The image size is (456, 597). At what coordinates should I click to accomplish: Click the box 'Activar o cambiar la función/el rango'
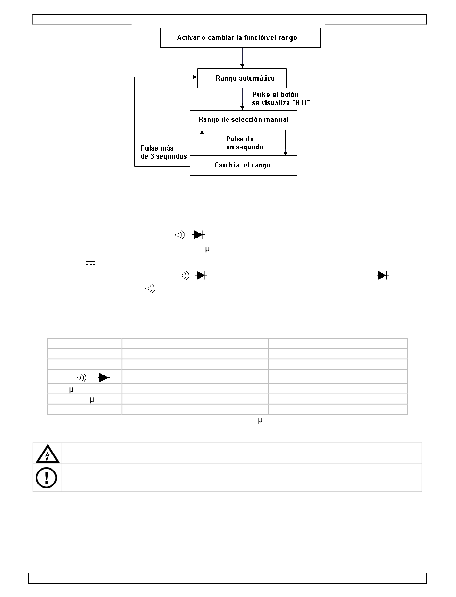(x=240, y=37)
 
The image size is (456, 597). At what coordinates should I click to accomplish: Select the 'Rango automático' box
(x=242, y=78)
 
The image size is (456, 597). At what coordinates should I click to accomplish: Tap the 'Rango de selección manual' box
(x=243, y=120)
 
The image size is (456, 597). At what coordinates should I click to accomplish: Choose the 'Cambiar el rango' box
(x=243, y=166)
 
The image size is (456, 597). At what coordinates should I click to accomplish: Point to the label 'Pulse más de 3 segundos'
(x=164, y=152)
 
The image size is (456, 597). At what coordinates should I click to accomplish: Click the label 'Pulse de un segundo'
(x=244, y=143)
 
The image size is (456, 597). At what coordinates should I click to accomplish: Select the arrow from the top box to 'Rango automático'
(x=242, y=58)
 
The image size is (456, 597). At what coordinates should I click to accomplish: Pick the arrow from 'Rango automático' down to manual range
(x=242, y=99)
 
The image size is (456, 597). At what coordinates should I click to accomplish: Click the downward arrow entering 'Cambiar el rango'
(x=285, y=143)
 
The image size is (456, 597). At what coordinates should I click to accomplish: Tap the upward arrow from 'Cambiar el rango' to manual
(x=202, y=143)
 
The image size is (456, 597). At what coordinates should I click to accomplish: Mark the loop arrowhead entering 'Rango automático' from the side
(x=195, y=77)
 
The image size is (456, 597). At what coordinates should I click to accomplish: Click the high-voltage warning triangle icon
(x=48, y=454)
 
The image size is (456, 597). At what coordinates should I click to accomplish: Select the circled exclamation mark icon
(x=47, y=478)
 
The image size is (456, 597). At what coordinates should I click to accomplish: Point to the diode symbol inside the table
(x=105, y=378)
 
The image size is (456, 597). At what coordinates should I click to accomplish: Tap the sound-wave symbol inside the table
(x=82, y=378)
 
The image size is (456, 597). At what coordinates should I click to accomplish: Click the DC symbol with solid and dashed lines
(x=91, y=263)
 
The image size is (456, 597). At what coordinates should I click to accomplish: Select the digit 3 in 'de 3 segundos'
(x=152, y=156)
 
